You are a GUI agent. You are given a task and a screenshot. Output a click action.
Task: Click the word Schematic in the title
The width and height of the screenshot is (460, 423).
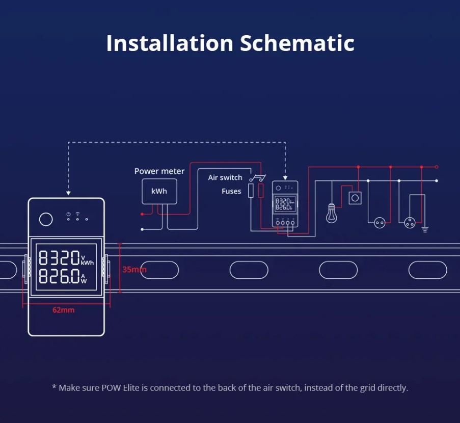[297, 43]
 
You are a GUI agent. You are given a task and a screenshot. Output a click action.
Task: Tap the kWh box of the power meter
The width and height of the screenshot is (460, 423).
[159, 192]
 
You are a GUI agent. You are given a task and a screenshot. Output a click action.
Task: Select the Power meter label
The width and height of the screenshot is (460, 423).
[159, 171]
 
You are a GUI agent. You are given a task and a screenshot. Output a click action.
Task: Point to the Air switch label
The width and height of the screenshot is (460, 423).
[225, 177]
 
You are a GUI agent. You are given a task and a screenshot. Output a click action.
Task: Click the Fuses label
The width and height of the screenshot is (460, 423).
[231, 191]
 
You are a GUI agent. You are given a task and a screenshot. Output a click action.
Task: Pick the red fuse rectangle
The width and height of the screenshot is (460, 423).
[261, 191]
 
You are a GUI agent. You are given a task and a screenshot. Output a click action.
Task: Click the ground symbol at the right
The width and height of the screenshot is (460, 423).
[425, 229]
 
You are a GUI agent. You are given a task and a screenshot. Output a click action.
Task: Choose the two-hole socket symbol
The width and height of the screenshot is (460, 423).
[380, 222]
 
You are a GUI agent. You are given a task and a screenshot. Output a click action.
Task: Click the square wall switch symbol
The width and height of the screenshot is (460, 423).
[355, 198]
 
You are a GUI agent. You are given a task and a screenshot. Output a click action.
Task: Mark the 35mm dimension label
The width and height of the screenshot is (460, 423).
[134, 269]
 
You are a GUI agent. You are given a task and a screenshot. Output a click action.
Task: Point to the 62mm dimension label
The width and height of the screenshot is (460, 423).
[63, 310]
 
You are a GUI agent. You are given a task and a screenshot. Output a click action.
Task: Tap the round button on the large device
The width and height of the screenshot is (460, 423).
[46, 219]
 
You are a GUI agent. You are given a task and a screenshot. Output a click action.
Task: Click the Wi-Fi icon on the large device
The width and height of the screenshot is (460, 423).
[77, 214]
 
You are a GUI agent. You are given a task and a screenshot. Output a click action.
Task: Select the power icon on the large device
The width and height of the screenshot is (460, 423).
[68, 214]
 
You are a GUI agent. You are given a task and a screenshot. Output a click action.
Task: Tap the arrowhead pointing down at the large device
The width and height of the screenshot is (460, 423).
[68, 193]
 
